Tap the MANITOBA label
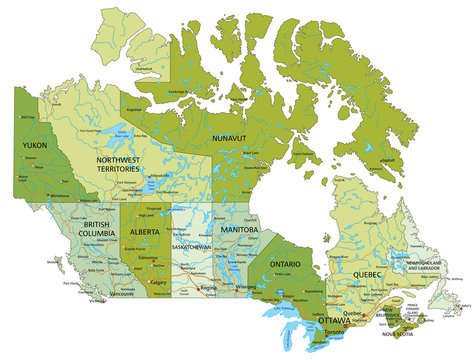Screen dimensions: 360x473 click(239, 230)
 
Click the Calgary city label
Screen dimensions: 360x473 click(158, 281)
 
